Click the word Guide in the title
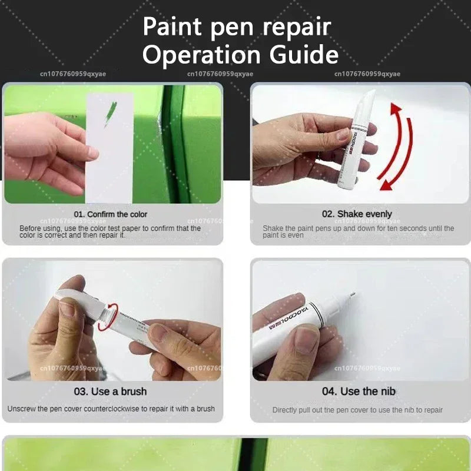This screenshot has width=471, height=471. click(x=304, y=55)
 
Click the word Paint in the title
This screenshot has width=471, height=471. click(x=171, y=26)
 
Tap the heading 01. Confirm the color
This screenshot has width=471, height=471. click(x=111, y=214)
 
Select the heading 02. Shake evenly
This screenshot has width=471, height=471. click(x=356, y=214)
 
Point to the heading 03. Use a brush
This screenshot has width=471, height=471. click(x=111, y=392)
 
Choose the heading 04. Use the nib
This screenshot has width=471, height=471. click(x=359, y=392)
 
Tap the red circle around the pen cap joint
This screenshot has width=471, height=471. click(x=108, y=317)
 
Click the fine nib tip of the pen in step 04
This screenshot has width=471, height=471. click(x=351, y=294)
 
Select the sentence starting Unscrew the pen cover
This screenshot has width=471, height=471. click(x=111, y=409)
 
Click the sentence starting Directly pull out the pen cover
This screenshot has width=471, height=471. click(x=357, y=410)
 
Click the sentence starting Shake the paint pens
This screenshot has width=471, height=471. click(x=358, y=231)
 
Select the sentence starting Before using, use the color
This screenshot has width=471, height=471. click(x=110, y=231)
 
